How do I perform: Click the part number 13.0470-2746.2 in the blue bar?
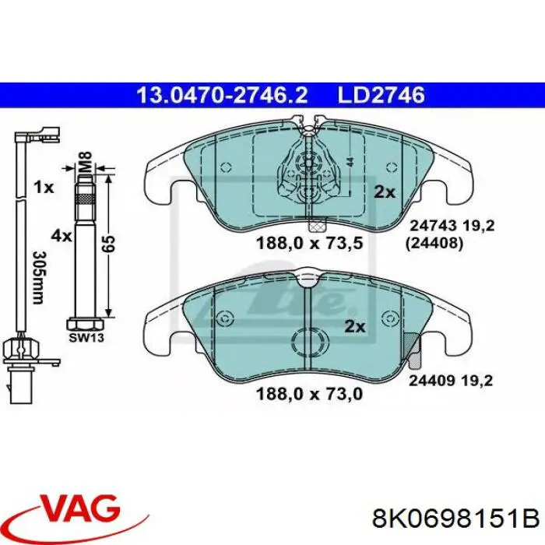[x=222, y=95]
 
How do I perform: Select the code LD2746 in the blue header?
[x=381, y=95]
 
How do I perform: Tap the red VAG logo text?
[x=81, y=509]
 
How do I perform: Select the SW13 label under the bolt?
[x=86, y=337]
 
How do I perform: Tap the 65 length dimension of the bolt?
[x=108, y=244]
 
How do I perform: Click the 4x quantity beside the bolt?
[x=62, y=237]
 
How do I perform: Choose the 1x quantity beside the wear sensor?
[x=44, y=188]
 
